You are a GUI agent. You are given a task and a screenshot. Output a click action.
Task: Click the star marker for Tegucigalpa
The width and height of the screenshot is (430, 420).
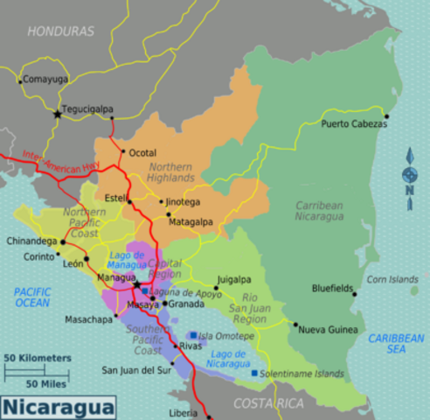(x=59, y=114)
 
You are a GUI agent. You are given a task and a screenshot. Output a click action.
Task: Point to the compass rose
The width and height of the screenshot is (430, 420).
(x=409, y=176)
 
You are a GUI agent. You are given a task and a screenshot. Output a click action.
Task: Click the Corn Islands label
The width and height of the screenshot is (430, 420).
(x=392, y=279)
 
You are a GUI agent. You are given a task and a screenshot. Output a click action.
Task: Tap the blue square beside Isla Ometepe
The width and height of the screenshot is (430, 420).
(x=193, y=335)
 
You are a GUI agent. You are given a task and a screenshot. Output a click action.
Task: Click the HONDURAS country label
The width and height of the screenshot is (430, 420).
(x=60, y=31)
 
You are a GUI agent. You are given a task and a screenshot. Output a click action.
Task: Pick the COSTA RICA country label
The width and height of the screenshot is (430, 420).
(x=268, y=402)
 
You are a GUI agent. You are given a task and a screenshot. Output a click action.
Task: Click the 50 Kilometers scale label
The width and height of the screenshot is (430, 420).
(x=38, y=358)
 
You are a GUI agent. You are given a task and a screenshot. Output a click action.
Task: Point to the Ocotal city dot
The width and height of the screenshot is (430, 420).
(x=123, y=152)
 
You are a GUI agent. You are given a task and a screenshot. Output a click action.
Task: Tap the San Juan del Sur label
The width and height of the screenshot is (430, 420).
(x=137, y=370)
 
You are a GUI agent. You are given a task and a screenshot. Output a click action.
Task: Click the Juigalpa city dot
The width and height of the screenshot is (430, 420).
(x=217, y=288)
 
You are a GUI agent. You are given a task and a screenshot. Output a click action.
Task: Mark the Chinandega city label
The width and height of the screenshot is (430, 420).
(x=31, y=241)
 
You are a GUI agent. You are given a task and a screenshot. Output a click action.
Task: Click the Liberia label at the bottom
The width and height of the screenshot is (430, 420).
(x=183, y=412)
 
